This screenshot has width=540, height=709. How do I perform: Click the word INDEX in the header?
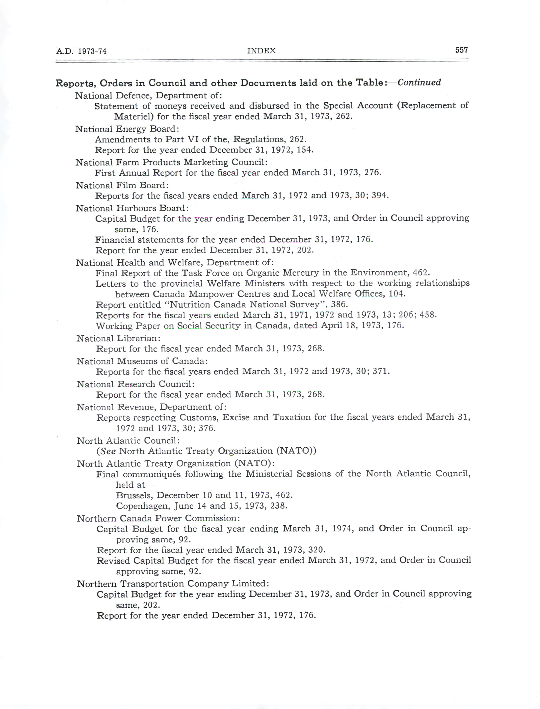point(261,51)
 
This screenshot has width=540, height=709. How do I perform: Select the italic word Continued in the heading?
point(419,82)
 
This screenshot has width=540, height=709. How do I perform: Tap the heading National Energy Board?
point(127,129)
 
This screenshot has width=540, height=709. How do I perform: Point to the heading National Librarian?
point(118,339)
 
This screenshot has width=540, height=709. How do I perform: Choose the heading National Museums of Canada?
point(142,361)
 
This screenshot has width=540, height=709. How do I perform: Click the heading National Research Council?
point(135,384)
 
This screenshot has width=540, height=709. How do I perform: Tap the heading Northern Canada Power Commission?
point(158,518)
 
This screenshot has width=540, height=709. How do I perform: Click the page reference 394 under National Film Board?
point(380,196)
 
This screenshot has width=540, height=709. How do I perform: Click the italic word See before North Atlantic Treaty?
point(108,451)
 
